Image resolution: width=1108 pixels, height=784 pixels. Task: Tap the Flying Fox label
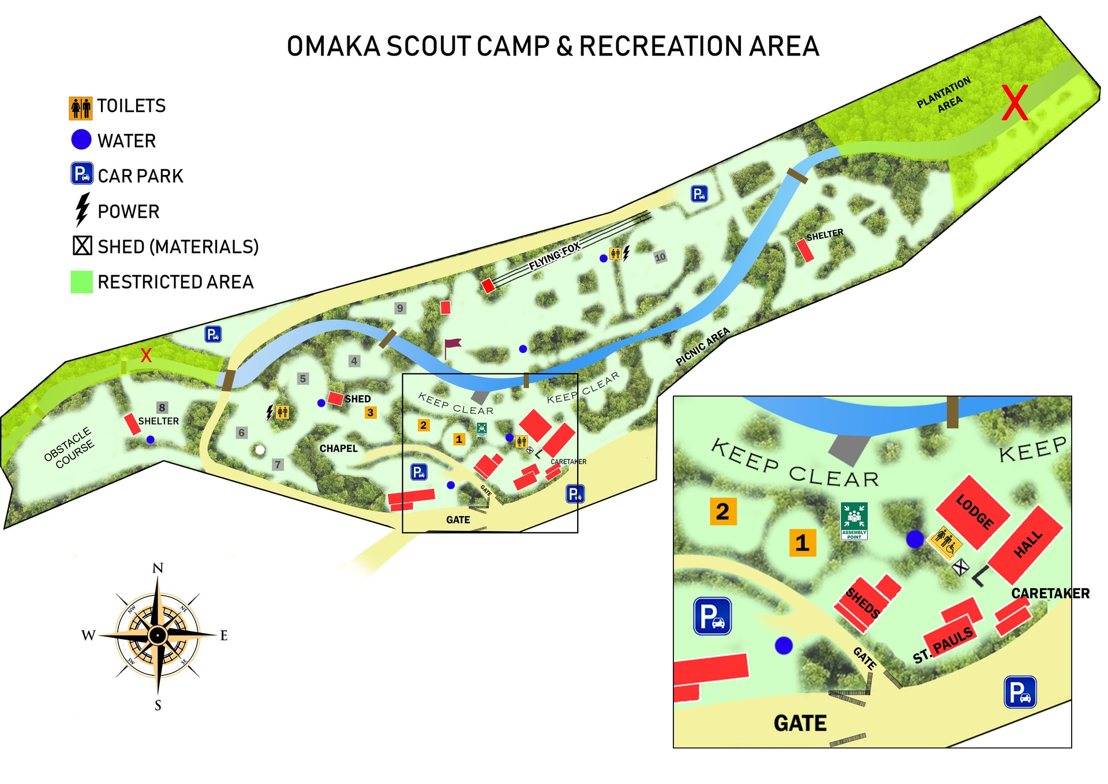tap(555, 256)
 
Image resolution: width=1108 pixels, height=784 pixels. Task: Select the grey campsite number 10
tap(660, 257)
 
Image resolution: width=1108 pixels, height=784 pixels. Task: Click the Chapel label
tap(338, 449)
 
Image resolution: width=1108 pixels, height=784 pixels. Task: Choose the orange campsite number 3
tap(370, 413)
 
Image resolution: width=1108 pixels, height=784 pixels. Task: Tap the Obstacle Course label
tap(69, 447)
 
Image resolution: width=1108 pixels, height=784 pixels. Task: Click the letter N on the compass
tap(158, 568)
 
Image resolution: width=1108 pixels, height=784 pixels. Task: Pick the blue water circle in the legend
tap(81, 140)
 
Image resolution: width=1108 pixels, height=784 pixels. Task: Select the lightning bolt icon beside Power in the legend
tap(83, 210)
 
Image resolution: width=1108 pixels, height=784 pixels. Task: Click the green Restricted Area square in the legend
tap(81, 282)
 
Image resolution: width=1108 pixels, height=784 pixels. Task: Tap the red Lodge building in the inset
tap(973, 512)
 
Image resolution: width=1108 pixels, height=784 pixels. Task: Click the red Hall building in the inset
tap(1026, 544)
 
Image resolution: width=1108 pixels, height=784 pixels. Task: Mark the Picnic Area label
tap(702, 346)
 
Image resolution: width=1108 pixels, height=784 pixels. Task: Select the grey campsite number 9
tap(400, 308)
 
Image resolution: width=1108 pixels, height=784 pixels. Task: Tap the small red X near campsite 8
tap(146, 356)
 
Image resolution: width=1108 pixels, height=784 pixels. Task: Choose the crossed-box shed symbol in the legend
tap(82, 246)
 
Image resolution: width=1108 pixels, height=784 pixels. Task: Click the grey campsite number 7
tap(278, 464)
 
